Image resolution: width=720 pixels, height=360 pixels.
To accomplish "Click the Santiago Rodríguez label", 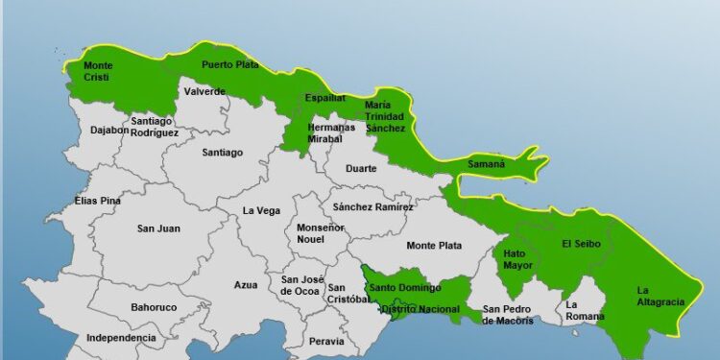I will coord(154,127).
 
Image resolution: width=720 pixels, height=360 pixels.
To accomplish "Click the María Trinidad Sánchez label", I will coord(385,116).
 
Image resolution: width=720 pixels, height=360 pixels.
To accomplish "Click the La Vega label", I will coord(261,210).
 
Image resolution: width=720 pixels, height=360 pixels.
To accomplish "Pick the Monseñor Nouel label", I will coord(320,233).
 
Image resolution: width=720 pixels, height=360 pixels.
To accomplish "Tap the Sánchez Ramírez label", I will coord(372,206).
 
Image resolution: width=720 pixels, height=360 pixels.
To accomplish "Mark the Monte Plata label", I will coord(433,246).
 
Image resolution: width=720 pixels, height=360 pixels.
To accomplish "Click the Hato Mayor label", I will coord(515,259).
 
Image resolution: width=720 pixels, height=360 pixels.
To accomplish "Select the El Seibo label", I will coord(581,244).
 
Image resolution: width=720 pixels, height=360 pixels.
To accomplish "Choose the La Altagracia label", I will coord(660,296).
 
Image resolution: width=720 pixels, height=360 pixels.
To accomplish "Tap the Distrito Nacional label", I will coord(419,309).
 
